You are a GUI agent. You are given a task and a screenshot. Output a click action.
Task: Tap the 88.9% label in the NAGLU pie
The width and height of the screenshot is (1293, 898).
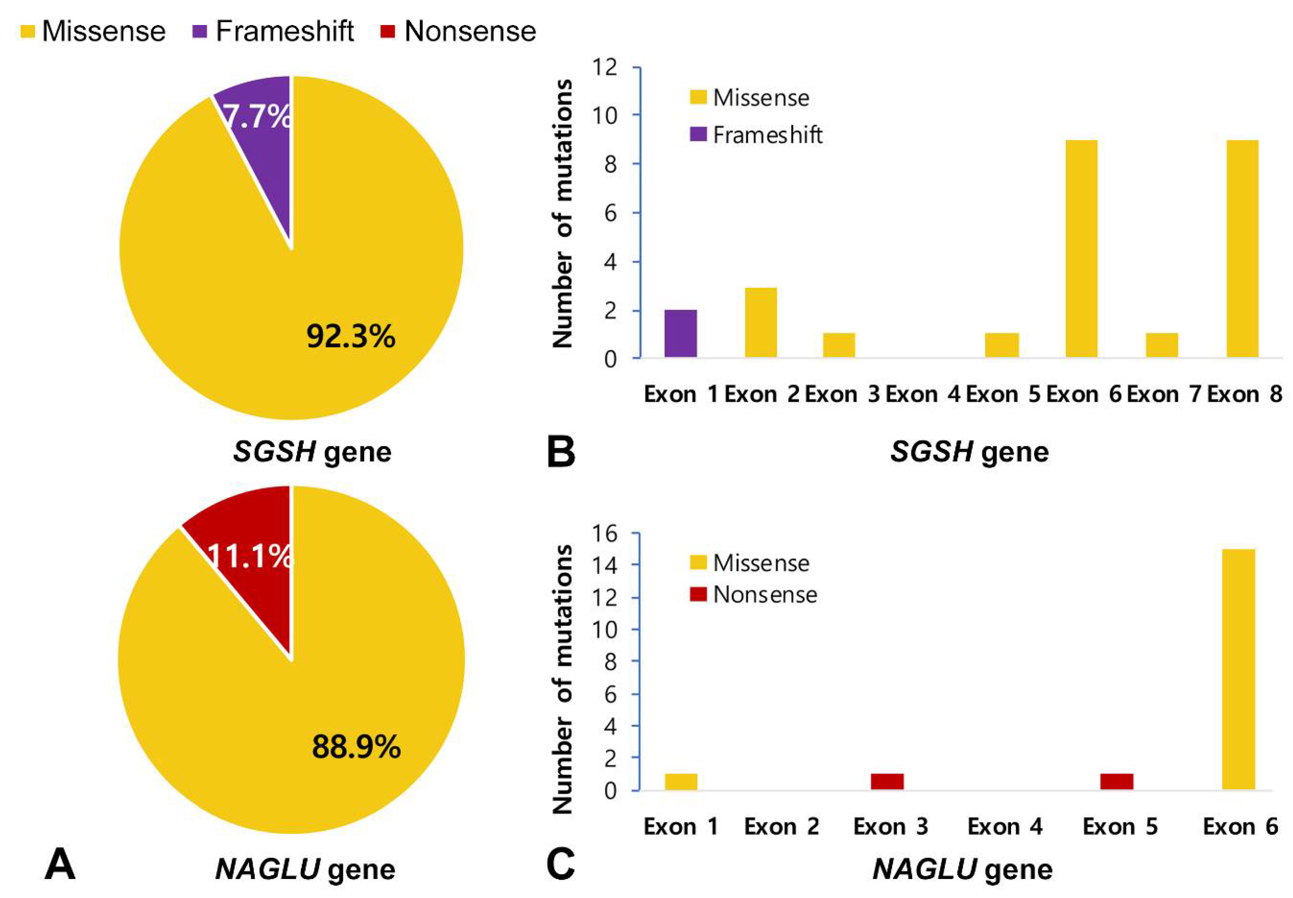[356, 747]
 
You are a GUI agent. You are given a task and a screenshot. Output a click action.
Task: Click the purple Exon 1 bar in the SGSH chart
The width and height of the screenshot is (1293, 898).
[680, 334]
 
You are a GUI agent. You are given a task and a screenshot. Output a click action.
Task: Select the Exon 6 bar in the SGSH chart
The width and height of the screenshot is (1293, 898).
[1081, 249]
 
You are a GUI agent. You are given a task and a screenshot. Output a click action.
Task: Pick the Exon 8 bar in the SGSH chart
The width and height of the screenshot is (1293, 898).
[1242, 249]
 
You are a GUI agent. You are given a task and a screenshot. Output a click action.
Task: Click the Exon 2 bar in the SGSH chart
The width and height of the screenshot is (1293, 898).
[761, 322]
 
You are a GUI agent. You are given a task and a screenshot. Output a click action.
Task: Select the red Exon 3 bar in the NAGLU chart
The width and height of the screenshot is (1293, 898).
[887, 782]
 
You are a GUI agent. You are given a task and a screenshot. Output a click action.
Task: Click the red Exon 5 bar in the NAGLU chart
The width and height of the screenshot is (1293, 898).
[1116, 782]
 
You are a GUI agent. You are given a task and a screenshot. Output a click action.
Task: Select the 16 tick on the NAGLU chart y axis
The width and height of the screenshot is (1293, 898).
[604, 533]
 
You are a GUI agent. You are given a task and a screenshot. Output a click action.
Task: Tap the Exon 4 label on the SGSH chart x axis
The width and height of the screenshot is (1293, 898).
[922, 394]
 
